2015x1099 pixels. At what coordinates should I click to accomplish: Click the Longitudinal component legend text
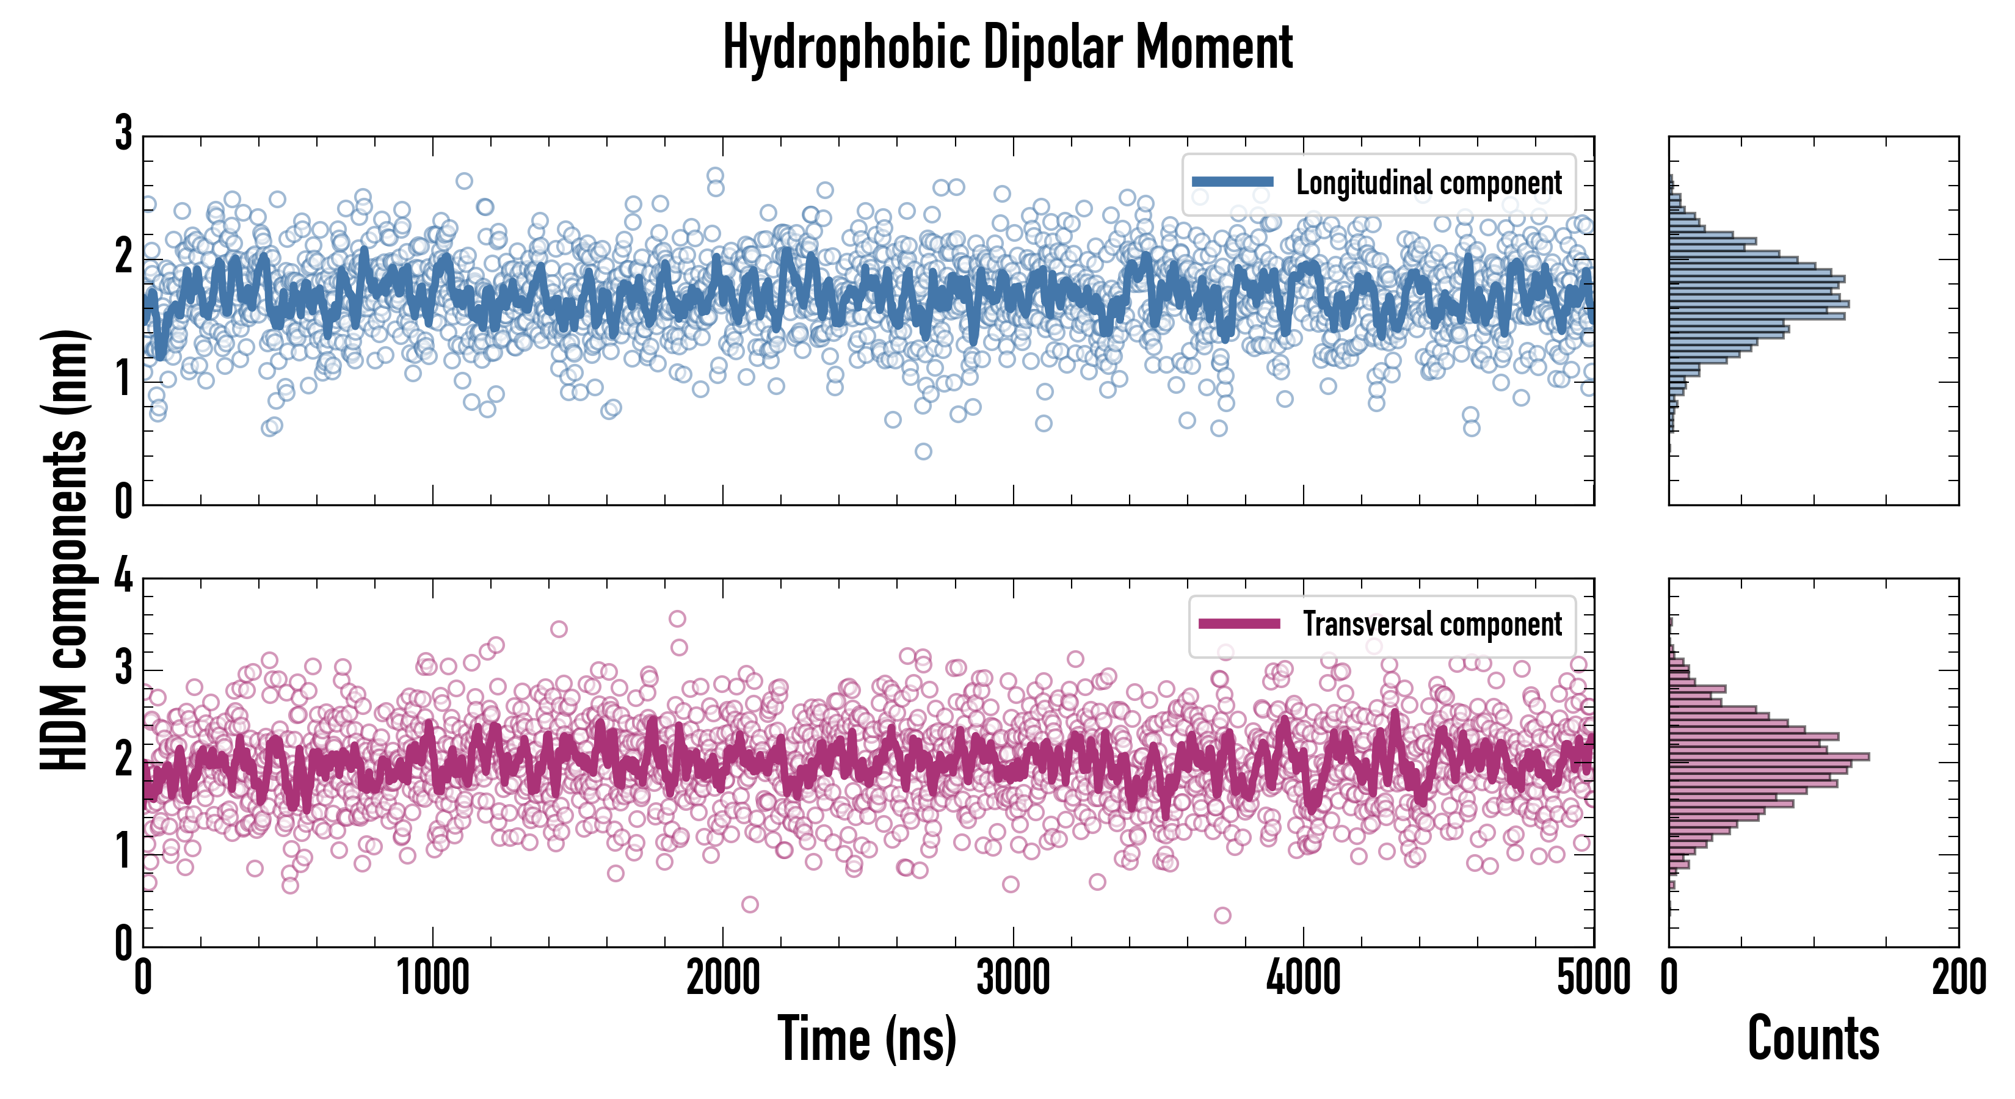pyautogui.click(x=1428, y=183)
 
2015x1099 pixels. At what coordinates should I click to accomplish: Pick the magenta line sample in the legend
pyautogui.click(x=1239, y=624)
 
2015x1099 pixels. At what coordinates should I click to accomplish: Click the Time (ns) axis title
pyautogui.click(x=866, y=1039)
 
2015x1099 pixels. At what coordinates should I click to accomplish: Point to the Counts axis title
pyautogui.click(x=1813, y=1039)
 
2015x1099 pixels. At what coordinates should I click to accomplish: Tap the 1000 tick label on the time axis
pyautogui.click(x=432, y=977)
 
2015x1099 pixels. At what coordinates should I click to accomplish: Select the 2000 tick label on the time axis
pyautogui.click(x=723, y=977)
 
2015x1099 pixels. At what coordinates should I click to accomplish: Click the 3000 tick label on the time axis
pyautogui.click(x=1013, y=977)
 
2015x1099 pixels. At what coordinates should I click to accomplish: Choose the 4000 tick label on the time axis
pyautogui.click(x=1303, y=977)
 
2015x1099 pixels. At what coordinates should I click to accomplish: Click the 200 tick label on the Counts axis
pyautogui.click(x=1958, y=977)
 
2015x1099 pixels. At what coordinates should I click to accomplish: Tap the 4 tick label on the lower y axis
pyautogui.click(x=123, y=579)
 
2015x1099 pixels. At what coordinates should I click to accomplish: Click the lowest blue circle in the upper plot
pyautogui.click(x=923, y=451)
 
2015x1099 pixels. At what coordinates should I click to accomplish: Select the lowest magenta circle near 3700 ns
pyautogui.click(x=1222, y=915)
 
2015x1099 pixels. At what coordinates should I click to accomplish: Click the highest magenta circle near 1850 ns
pyautogui.click(x=677, y=618)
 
